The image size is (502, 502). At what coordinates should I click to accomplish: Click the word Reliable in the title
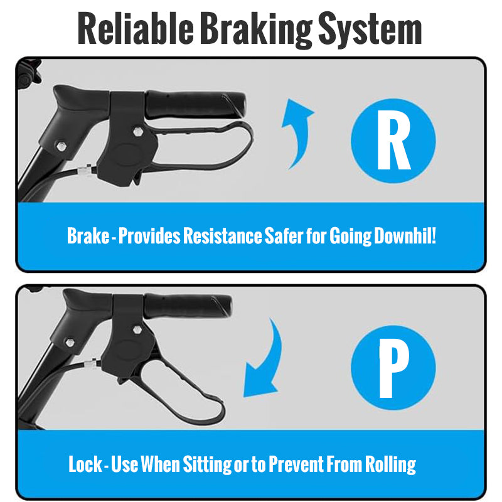point(136,28)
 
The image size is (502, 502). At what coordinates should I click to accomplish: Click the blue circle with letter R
point(393,141)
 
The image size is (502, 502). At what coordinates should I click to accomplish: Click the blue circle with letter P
point(393,367)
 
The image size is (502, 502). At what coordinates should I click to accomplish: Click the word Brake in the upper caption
point(88,236)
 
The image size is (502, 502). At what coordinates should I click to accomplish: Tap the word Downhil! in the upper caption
point(405,236)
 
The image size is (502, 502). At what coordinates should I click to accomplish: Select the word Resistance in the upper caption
point(223,236)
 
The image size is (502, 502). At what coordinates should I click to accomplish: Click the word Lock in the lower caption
point(85,464)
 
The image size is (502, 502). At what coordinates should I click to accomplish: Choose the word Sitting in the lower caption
point(207,464)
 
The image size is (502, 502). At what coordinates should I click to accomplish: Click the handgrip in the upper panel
point(195,104)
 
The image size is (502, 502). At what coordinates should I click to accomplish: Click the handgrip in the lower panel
point(187,306)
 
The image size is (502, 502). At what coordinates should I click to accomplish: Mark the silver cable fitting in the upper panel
point(85,169)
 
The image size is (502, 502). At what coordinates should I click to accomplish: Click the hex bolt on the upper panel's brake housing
point(138,131)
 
